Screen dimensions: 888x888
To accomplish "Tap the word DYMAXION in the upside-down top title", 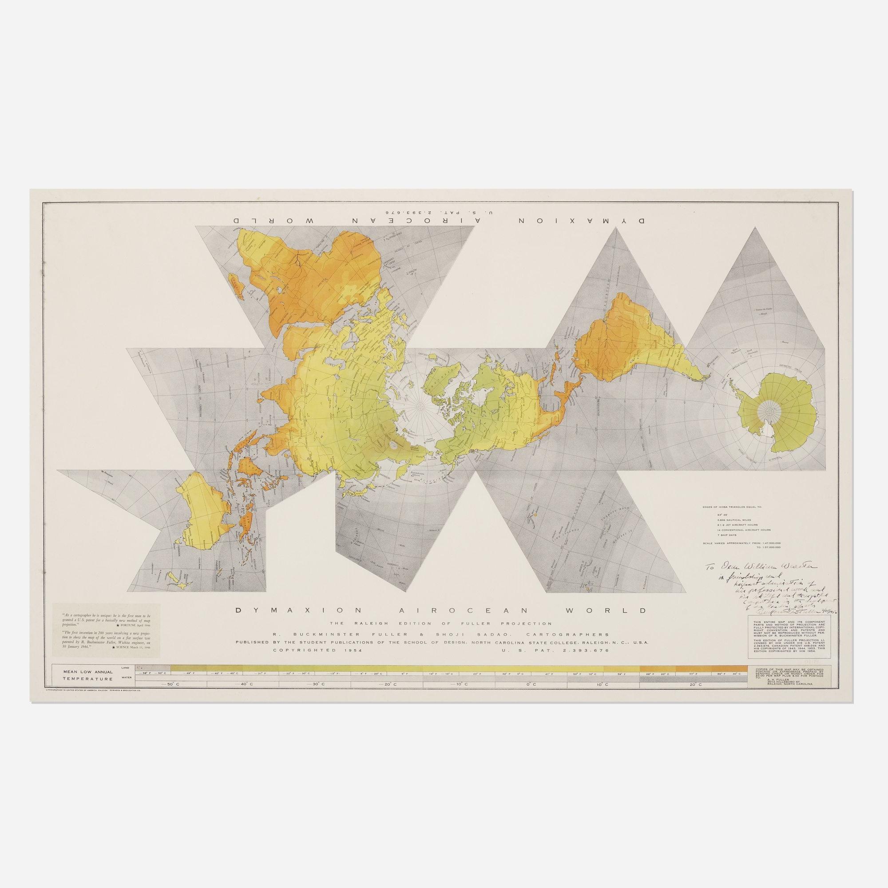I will (584, 221).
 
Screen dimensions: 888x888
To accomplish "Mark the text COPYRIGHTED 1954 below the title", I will (317, 650).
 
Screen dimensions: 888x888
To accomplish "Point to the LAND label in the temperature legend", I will (126, 667).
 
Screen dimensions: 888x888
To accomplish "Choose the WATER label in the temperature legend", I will (126, 678).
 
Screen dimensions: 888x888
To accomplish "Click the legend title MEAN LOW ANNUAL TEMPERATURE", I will (88, 675).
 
